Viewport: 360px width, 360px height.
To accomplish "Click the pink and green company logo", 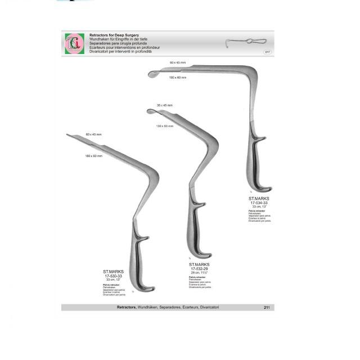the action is point(74,43).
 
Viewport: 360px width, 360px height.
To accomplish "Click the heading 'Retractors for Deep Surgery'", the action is point(114,35).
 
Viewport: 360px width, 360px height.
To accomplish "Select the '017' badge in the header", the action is point(268,52).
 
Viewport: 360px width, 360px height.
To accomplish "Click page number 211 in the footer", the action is point(267,307).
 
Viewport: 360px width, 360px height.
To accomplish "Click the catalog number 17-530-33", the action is point(114,276).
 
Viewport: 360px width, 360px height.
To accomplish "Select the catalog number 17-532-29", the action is point(199,268).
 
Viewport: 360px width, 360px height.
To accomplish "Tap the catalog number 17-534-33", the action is point(259,203).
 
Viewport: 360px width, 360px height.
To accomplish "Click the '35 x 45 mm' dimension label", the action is point(165,105).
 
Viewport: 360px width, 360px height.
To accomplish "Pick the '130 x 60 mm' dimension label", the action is point(165,126).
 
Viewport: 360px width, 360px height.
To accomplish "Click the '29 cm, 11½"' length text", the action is point(199,272).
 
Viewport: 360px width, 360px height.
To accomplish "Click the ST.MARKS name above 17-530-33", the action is point(114,272).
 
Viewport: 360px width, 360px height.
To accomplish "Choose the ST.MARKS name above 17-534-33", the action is point(259,199).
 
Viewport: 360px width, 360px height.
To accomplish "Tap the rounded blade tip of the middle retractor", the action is point(151,112).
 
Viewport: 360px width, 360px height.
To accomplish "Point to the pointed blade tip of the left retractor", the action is point(69,135).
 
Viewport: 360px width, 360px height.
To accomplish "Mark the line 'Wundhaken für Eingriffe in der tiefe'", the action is point(118,39).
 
